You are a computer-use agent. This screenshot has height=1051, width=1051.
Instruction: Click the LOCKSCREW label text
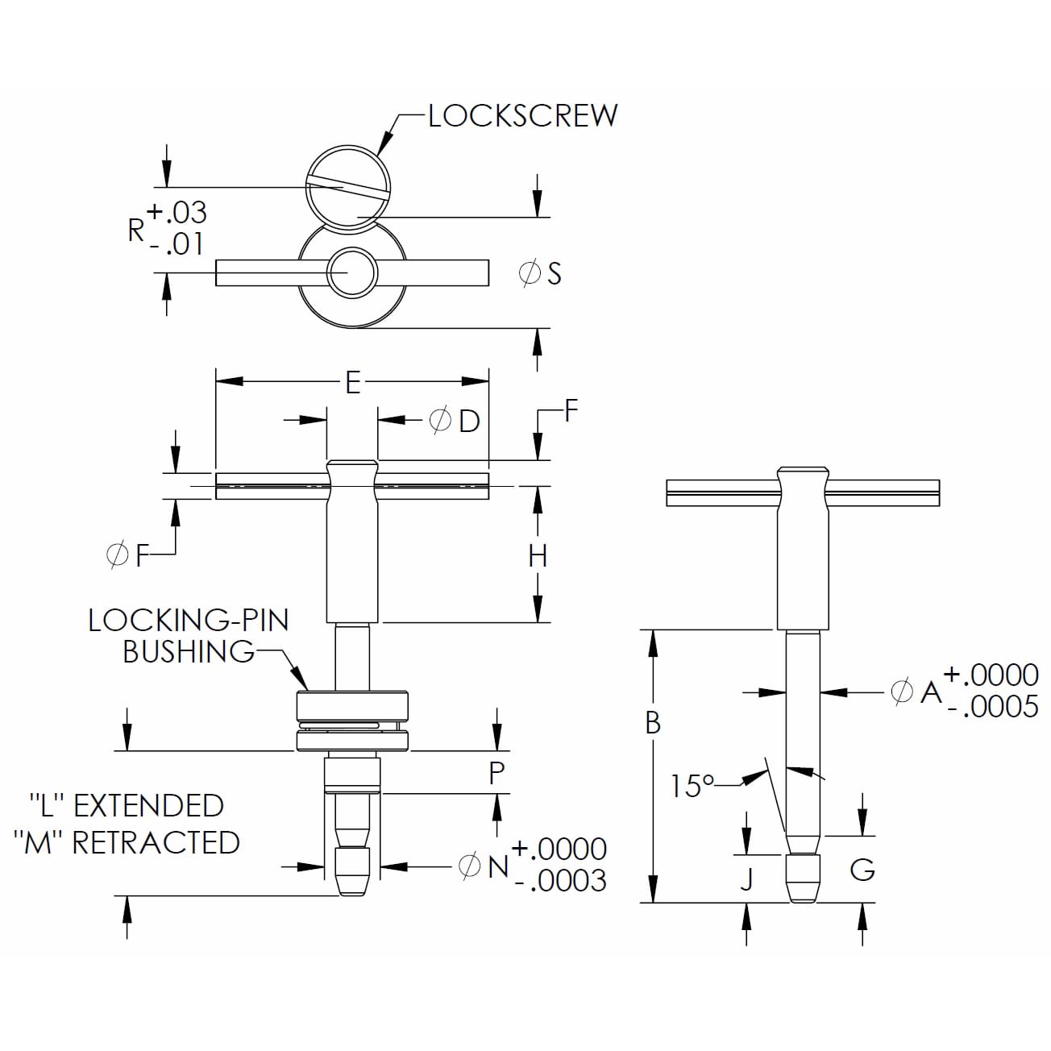click(522, 116)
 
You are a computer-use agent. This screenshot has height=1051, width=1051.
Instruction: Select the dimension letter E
click(352, 382)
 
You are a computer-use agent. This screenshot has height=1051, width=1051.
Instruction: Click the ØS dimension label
click(540, 273)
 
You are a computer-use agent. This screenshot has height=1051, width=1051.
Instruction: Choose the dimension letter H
click(538, 555)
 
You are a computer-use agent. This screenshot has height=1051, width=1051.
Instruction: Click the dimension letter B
click(653, 723)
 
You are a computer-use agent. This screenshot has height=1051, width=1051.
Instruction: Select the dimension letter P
click(497, 773)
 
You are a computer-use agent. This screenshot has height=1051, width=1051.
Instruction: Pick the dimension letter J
click(747, 879)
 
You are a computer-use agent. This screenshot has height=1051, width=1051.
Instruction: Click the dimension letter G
click(862, 870)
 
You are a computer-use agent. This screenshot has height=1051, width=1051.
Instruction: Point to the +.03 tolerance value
click(177, 213)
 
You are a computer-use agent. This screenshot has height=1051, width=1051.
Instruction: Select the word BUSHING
click(189, 651)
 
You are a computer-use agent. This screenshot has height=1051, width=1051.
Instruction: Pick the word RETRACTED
click(156, 842)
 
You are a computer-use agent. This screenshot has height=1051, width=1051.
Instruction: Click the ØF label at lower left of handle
click(129, 555)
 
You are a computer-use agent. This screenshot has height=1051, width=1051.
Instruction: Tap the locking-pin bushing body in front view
click(352, 720)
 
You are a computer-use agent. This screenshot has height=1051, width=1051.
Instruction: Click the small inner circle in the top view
click(351, 272)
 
